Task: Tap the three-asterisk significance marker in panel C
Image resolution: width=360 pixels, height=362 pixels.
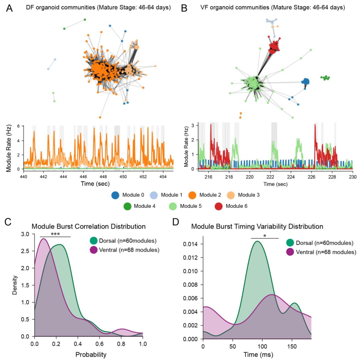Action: click(x=55, y=234)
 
